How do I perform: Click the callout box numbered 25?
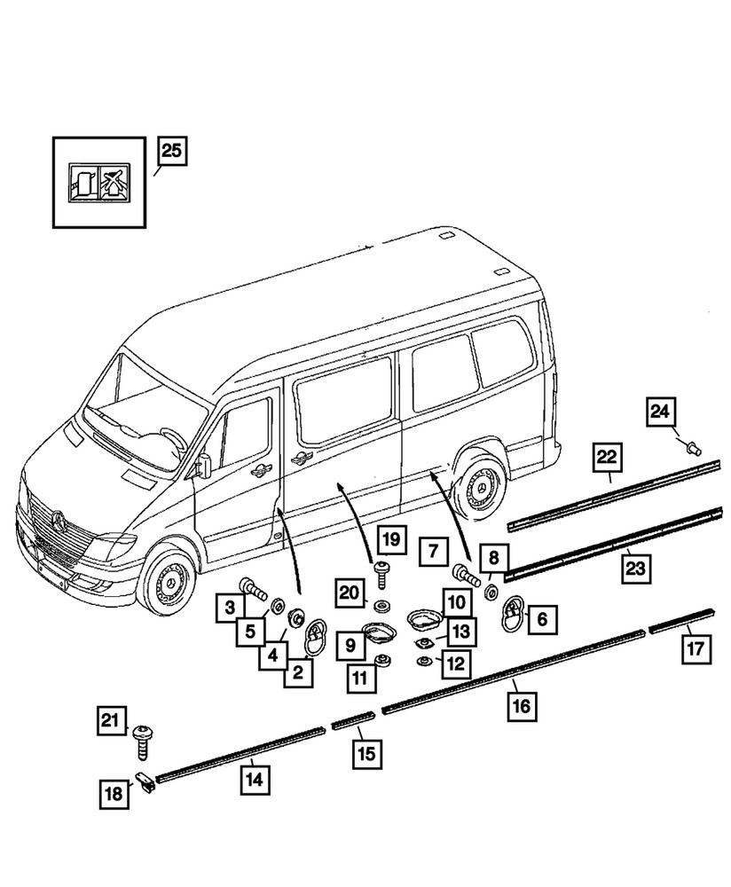coord(172,151)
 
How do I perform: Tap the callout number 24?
coord(660,412)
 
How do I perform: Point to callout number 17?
coord(696,648)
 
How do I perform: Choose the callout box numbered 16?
coord(521,707)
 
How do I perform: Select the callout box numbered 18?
coord(114,796)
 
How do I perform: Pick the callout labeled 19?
coord(391,538)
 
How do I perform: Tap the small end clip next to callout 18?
coord(145,783)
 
